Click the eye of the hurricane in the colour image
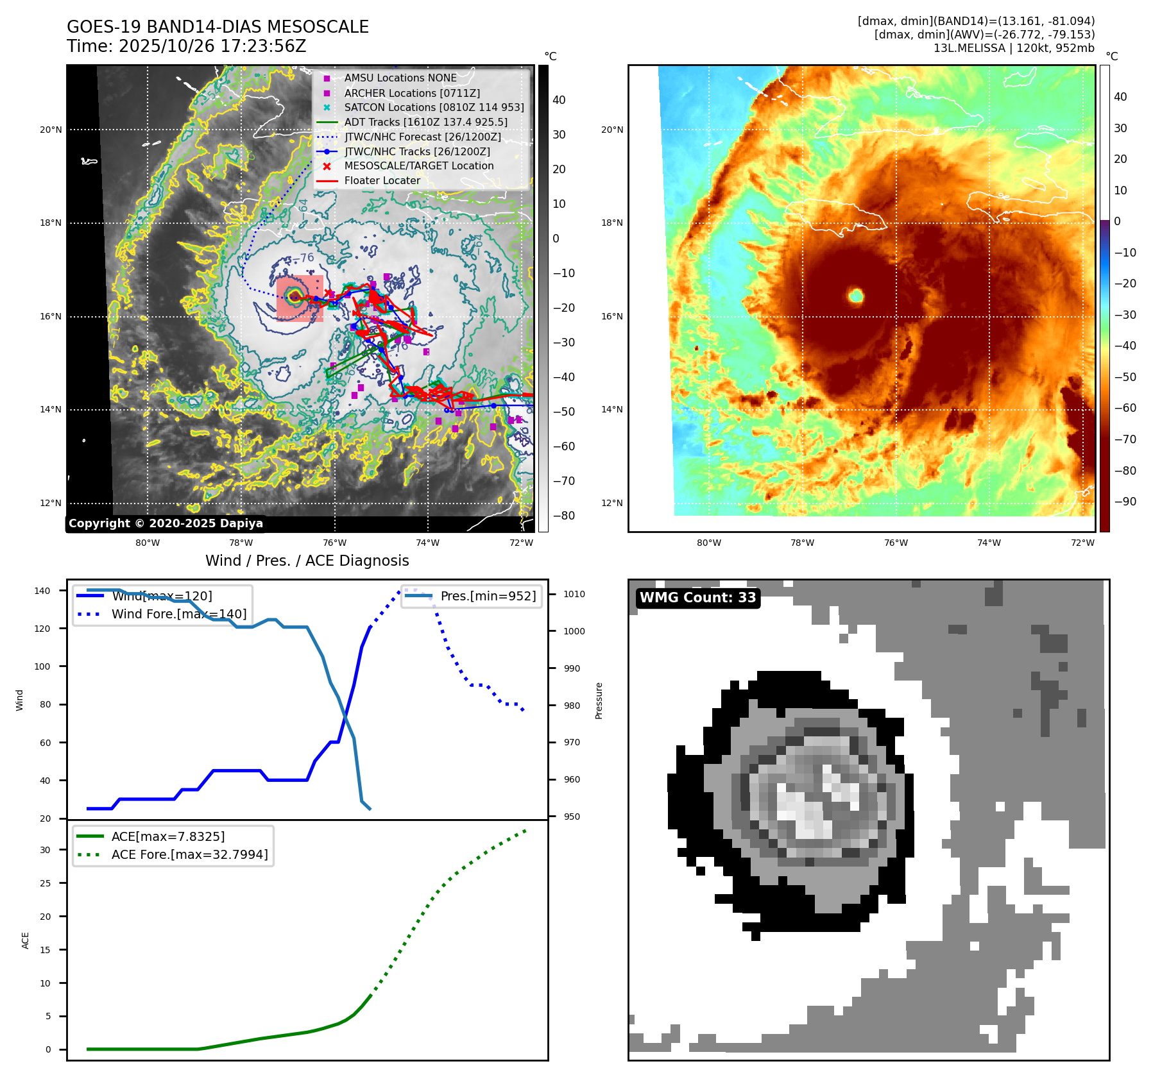pyautogui.click(x=856, y=296)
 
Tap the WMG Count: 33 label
pyautogui.click(x=698, y=598)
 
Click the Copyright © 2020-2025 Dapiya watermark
pyautogui.click(x=166, y=523)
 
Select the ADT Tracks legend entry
pyautogui.click(x=425, y=122)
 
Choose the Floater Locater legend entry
pyautogui.click(x=382, y=181)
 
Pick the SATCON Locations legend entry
pyautogui.click(x=434, y=107)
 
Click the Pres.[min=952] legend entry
pyautogui.click(x=488, y=596)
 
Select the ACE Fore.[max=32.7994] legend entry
pyautogui.click(x=189, y=854)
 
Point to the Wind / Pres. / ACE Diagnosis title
pyautogui.click(x=307, y=561)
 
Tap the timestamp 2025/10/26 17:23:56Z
pyautogui.click(x=212, y=47)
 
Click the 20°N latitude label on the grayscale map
pyautogui.click(x=51, y=130)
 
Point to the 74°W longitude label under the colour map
pyautogui.click(x=989, y=543)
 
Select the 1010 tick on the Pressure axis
pyautogui.click(x=574, y=594)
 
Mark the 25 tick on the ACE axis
pyautogui.click(x=45, y=883)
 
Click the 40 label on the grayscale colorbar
pyautogui.click(x=559, y=100)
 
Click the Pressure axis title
pyautogui.click(x=599, y=700)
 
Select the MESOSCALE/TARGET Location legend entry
pyautogui.click(x=418, y=166)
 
